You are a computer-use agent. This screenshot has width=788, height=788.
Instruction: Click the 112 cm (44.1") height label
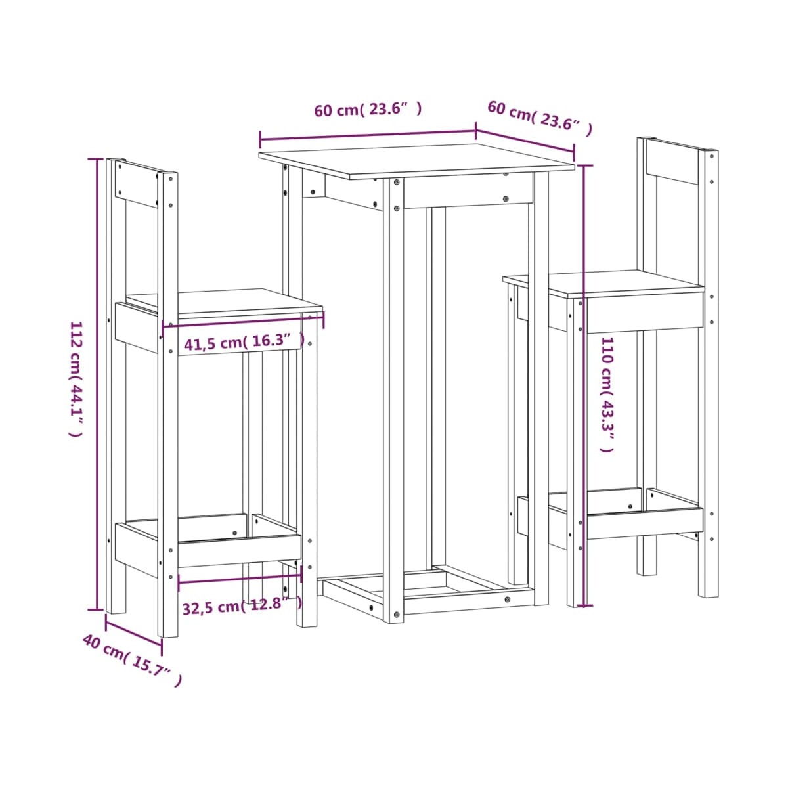coord(76,379)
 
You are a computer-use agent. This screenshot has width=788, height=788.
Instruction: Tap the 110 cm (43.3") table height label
coord(607,395)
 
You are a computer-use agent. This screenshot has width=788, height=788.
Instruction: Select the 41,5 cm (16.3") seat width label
coord(244,343)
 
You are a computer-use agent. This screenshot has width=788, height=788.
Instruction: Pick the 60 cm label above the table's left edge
coord(368,110)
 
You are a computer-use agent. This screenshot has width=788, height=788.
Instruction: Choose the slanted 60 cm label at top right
coord(540,119)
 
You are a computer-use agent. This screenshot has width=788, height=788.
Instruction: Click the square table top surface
coord(417,161)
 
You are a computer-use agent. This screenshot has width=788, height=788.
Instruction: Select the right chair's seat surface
coord(603,283)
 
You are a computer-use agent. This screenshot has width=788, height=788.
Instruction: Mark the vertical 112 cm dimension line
coord(97,383)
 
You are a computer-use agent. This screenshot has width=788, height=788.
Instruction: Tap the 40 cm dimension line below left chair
coord(134,630)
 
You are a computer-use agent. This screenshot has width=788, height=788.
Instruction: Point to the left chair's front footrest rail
coord(240,550)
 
